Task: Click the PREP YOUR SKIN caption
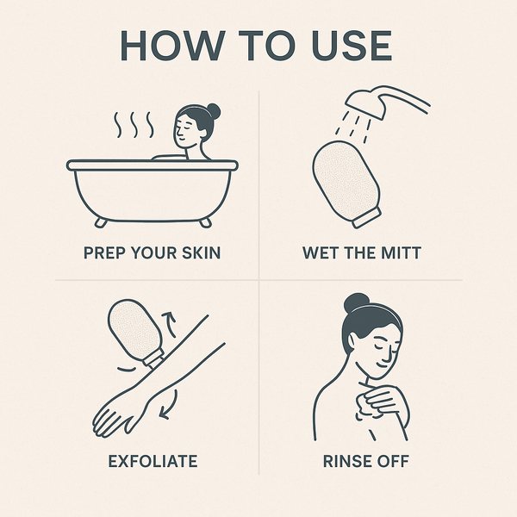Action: (152, 252)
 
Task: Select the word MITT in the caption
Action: (401, 252)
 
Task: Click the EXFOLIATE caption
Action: (153, 461)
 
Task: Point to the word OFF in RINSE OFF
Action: (393, 461)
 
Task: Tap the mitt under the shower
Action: (346, 180)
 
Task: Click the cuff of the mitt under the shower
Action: (367, 218)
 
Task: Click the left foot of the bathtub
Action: (101, 222)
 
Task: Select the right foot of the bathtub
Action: (205, 222)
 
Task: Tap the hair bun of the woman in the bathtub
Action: (213, 111)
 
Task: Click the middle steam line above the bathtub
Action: (134, 125)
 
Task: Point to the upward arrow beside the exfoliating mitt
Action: (170, 324)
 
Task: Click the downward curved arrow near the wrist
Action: (170, 406)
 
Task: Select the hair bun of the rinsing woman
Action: (356, 302)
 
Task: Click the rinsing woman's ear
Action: (352, 340)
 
